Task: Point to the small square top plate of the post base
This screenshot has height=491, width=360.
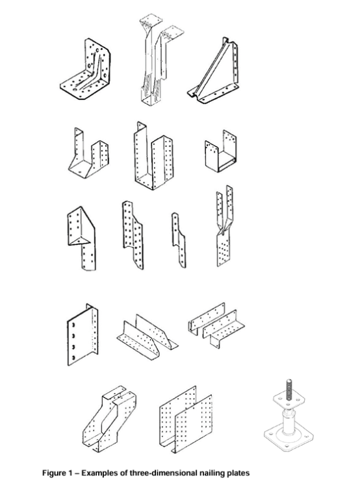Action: pos(289,399)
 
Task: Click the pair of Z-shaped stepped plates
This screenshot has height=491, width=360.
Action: pos(216,325)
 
